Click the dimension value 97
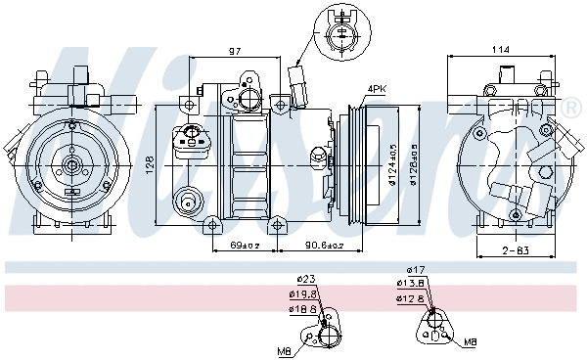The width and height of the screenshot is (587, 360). pos(235,50)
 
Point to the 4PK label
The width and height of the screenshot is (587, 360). pos(376,89)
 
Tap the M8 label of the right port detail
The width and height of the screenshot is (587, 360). pos(470,342)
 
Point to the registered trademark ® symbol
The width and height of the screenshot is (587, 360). pos(570,106)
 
